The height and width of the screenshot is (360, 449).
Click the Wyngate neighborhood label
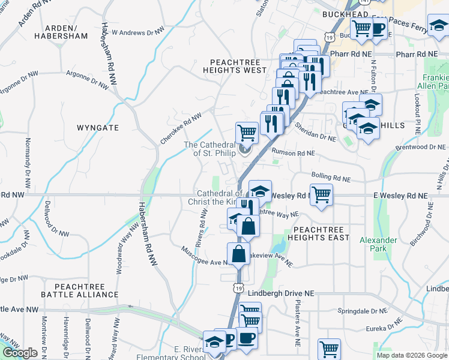98,128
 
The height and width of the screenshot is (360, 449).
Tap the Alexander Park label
378,244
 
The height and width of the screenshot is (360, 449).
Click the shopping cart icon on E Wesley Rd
322,194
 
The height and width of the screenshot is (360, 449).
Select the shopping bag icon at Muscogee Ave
238,253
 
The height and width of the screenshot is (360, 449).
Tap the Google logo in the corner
20,353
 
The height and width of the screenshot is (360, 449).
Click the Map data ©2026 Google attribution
412,355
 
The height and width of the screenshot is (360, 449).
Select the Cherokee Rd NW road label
180,128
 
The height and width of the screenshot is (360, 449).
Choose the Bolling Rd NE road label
330,178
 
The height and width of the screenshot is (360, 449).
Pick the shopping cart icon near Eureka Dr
330,349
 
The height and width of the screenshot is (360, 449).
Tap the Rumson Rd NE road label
293,153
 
